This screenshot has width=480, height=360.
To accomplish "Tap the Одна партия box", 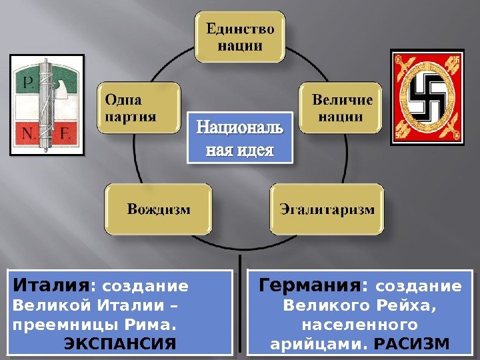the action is point(138,109).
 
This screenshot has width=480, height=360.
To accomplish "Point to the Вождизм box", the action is point(158,209).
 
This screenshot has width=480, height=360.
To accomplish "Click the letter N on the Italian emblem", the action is point(29,133).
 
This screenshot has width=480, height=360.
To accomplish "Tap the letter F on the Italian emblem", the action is point(69,133).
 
